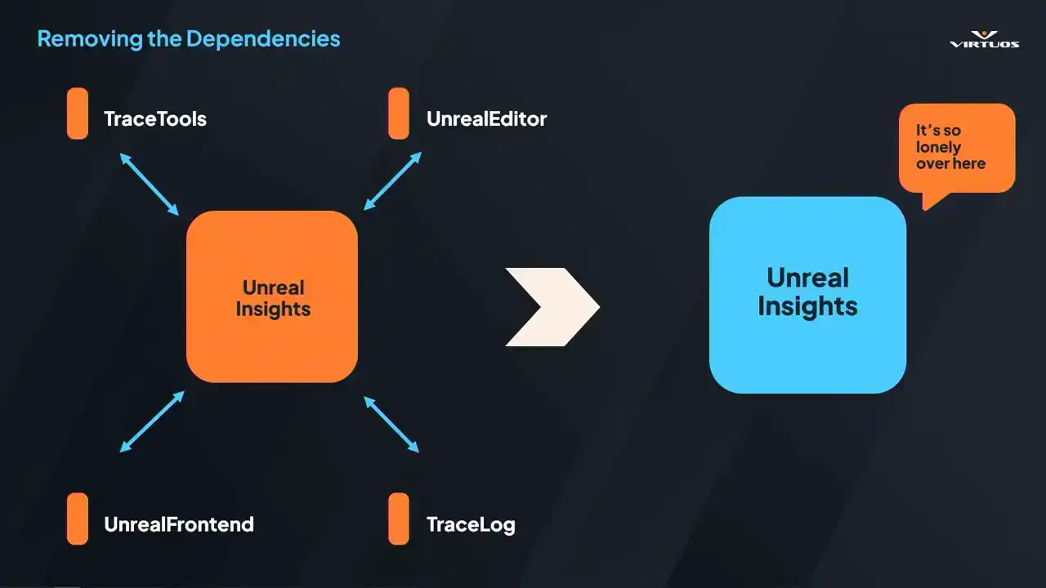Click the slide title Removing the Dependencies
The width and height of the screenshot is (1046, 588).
coord(189,38)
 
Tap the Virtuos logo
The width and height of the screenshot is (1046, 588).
coord(984,39)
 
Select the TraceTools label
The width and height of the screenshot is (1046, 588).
coord(154,119)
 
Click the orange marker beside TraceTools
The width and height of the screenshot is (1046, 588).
coord(78,114)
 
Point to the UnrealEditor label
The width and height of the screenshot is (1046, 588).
coord(486,119)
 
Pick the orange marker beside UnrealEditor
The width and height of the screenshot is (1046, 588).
coord(399,114)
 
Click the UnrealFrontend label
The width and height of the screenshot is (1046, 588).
coord(178,524)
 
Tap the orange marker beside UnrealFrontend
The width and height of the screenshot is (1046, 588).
coord(78,519)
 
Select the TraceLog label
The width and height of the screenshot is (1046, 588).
coord(471,524)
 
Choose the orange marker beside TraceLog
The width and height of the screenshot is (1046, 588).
coord(399,519)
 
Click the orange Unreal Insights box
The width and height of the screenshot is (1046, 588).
coord(272,297)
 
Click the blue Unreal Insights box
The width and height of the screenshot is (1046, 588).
coord(807,294)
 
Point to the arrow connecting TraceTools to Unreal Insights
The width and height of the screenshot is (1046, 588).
coord(149,183)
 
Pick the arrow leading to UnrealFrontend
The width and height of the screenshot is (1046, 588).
coord(152,421)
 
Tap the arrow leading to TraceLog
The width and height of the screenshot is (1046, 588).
coord(391,425)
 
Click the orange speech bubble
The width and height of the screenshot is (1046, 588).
coord(956,148)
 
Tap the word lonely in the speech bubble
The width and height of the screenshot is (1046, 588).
coord(938,148)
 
